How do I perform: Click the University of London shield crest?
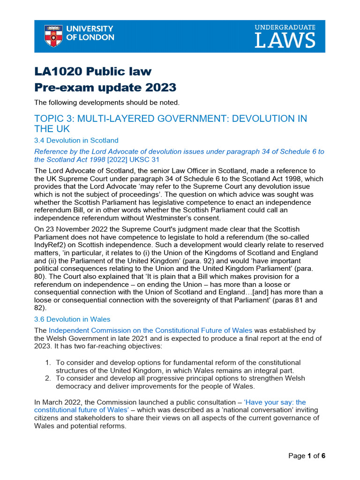[x=53, y=36]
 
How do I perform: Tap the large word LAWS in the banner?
[x=285, y=41]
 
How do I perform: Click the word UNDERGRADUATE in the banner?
[x=285, y=27]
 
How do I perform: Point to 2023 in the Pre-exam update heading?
[x=160, y=87]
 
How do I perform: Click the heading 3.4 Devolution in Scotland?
[x=76, y=140]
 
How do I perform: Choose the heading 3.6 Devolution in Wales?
[x=72, y=319]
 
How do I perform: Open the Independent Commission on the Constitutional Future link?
[x=150, y=330]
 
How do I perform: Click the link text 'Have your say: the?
[x=275, y=402]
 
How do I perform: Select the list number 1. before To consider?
[x=48, y=362]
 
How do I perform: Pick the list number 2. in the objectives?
[x=48, y=377]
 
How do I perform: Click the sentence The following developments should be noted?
[x=107, y=102]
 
